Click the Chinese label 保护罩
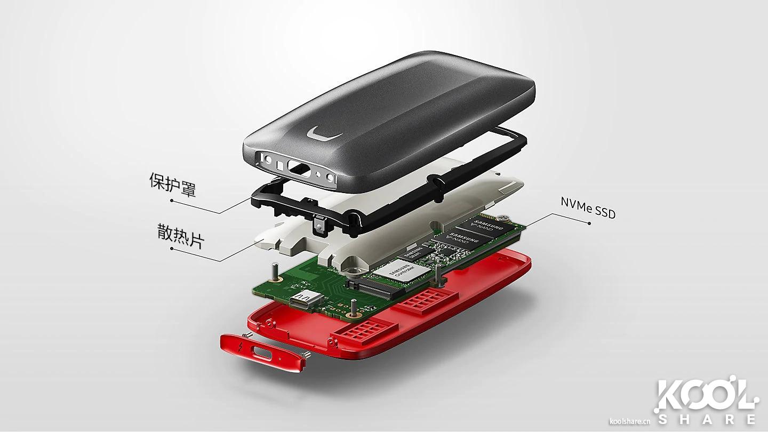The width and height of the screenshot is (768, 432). coord(172,184)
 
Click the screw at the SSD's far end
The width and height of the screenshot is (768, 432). coord(504,217)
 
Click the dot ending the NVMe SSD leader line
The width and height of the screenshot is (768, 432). coord(589,223)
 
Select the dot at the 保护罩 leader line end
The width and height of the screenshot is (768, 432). coord(171,201)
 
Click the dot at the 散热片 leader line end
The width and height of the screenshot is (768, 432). coord(171,248)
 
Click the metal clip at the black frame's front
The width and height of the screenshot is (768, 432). coord(319,225)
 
